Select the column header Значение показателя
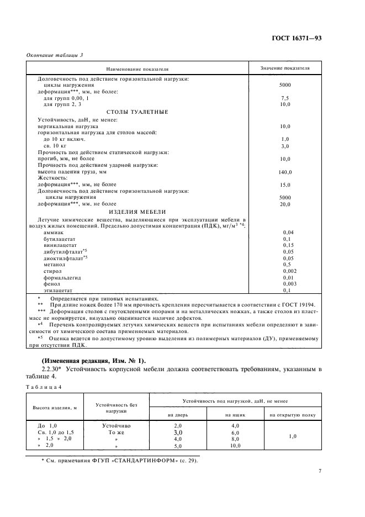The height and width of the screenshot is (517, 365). [x=285, y=68]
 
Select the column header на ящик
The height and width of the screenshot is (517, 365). [x=235, y=414]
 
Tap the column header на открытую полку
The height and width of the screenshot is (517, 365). [x=292, y=414]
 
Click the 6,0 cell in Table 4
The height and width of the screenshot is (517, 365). [x=235, y=432]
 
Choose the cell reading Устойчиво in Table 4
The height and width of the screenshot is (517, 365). [x=116, y=426]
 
